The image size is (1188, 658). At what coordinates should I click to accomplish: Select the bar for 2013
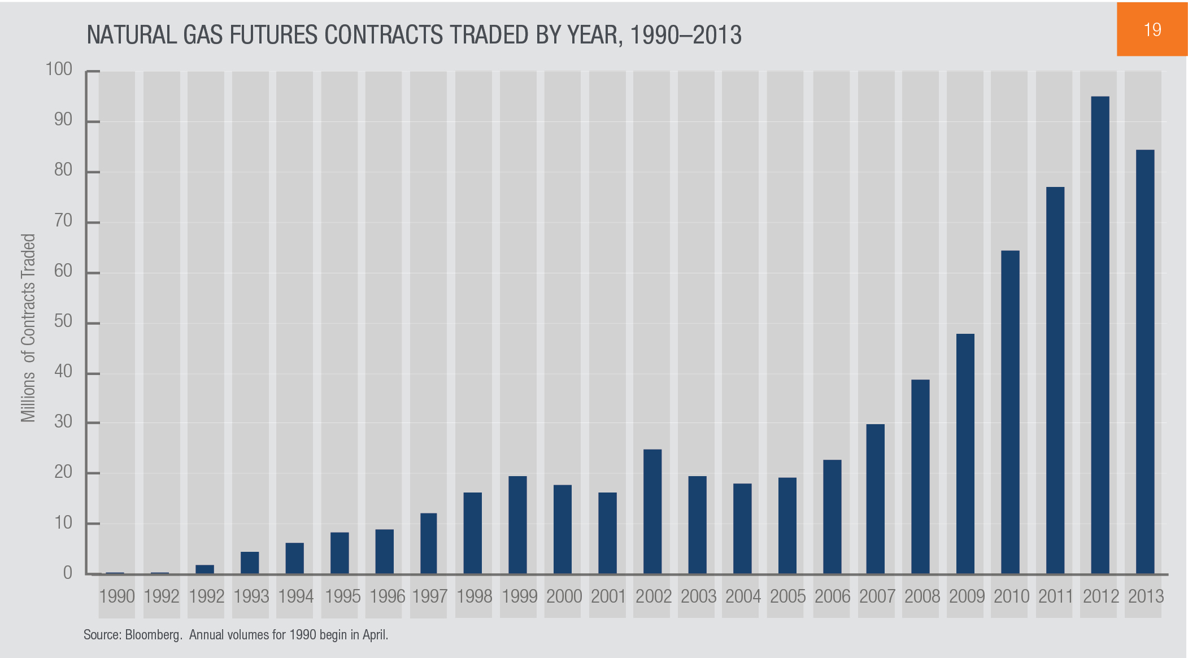point(1145,361)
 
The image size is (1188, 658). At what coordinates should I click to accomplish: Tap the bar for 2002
point(652,511)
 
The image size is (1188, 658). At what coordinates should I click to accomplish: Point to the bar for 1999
point(517,525)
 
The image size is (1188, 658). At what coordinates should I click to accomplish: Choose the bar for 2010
point(1010,412)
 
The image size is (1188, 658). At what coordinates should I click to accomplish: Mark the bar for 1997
point(428,543)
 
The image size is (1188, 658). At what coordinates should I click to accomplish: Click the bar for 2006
point(832,516)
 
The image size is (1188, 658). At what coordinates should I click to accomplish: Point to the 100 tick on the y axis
point(59,69)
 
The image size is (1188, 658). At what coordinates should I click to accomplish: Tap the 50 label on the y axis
point(63,321)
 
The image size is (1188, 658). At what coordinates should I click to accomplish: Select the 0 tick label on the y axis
point(68,573)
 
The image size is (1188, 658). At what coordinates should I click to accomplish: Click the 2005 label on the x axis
point(787,596)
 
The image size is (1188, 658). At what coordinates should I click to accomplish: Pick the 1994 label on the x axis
point(295,596)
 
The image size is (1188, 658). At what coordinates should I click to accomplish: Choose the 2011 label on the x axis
point(1056,596)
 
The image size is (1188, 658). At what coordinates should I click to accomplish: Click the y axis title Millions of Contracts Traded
point(28,328)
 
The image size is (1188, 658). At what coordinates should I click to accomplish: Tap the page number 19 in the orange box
point(1152,29)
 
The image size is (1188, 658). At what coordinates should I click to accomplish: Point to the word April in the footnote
point(375,635)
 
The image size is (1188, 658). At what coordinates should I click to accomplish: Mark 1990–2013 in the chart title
point(685,35)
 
